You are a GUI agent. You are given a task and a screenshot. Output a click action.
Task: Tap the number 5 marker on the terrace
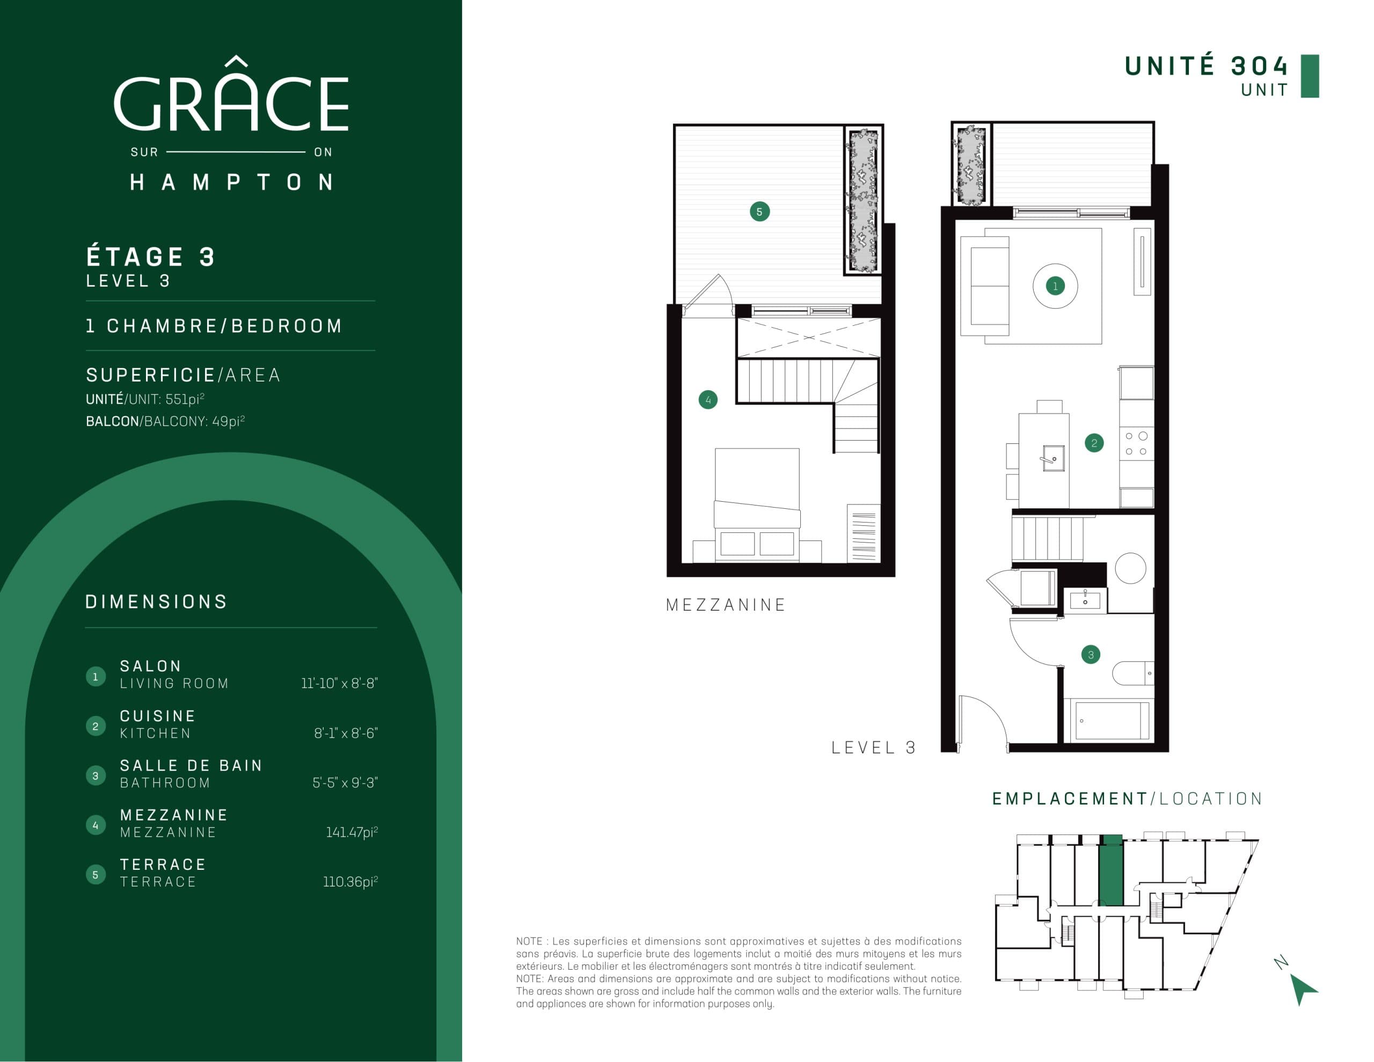tap(759, 211)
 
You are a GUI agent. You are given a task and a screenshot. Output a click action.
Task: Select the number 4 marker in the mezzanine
tap(708, 399)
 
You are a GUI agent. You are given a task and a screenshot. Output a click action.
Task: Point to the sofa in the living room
tap(986, 285)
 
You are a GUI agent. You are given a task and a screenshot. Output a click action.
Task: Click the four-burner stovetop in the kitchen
tap(1136, 444)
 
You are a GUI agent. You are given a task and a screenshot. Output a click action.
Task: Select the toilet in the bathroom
tap(1132, 673)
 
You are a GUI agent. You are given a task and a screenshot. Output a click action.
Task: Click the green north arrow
tap(1301, 988)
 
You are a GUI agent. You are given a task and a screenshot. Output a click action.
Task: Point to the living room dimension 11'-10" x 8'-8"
tap(339, 683)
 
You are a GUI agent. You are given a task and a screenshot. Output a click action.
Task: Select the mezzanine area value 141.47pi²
tap(352, 832)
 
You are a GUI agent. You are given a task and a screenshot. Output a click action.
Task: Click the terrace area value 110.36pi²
tap(350, 882)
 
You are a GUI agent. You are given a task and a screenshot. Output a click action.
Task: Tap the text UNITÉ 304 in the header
tap(1205, 66)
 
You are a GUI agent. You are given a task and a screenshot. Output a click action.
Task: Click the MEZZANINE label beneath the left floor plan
tap(726, 605)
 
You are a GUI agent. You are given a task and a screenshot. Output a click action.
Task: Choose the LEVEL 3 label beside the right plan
tap(873, 748)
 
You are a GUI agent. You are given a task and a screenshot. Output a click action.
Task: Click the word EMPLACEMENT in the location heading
tap(1070, 799)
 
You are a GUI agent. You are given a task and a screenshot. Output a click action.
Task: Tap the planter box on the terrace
tap(863, 200)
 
